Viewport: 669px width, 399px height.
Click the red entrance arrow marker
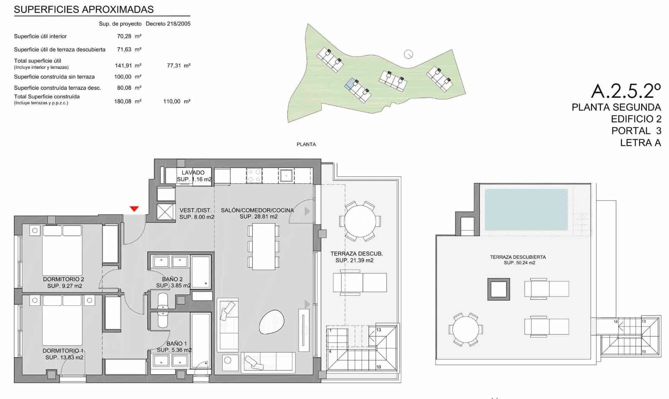[134, 209]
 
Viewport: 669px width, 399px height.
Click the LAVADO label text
[193, 172]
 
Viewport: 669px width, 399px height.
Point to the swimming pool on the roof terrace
[526, 210]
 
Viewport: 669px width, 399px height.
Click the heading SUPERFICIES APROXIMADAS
[84, 10]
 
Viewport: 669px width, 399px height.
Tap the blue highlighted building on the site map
[350, 83]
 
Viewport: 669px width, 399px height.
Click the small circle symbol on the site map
[409, 54]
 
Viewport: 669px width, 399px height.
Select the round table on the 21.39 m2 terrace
[360, 221]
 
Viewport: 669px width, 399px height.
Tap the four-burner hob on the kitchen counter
[254, 175]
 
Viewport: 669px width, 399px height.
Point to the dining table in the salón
[263, 246]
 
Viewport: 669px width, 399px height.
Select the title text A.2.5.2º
[626, 91]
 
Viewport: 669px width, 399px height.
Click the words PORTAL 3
[636, 131]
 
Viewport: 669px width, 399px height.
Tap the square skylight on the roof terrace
[498, 289]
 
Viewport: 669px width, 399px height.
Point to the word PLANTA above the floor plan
[306, 144]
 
